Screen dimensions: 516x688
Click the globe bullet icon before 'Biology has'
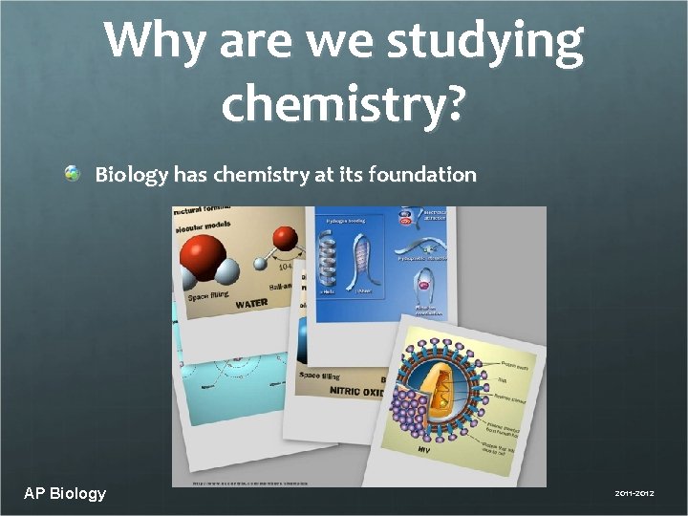pos(74,173)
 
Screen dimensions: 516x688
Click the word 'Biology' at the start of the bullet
pos(127,175)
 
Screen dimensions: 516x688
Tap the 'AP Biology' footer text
pos(65,493)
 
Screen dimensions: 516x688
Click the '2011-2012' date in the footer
pos(634,493)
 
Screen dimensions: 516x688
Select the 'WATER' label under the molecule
pos(252,303)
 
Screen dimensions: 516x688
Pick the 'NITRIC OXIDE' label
pos(357,390)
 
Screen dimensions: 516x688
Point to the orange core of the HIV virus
pos(449,387)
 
